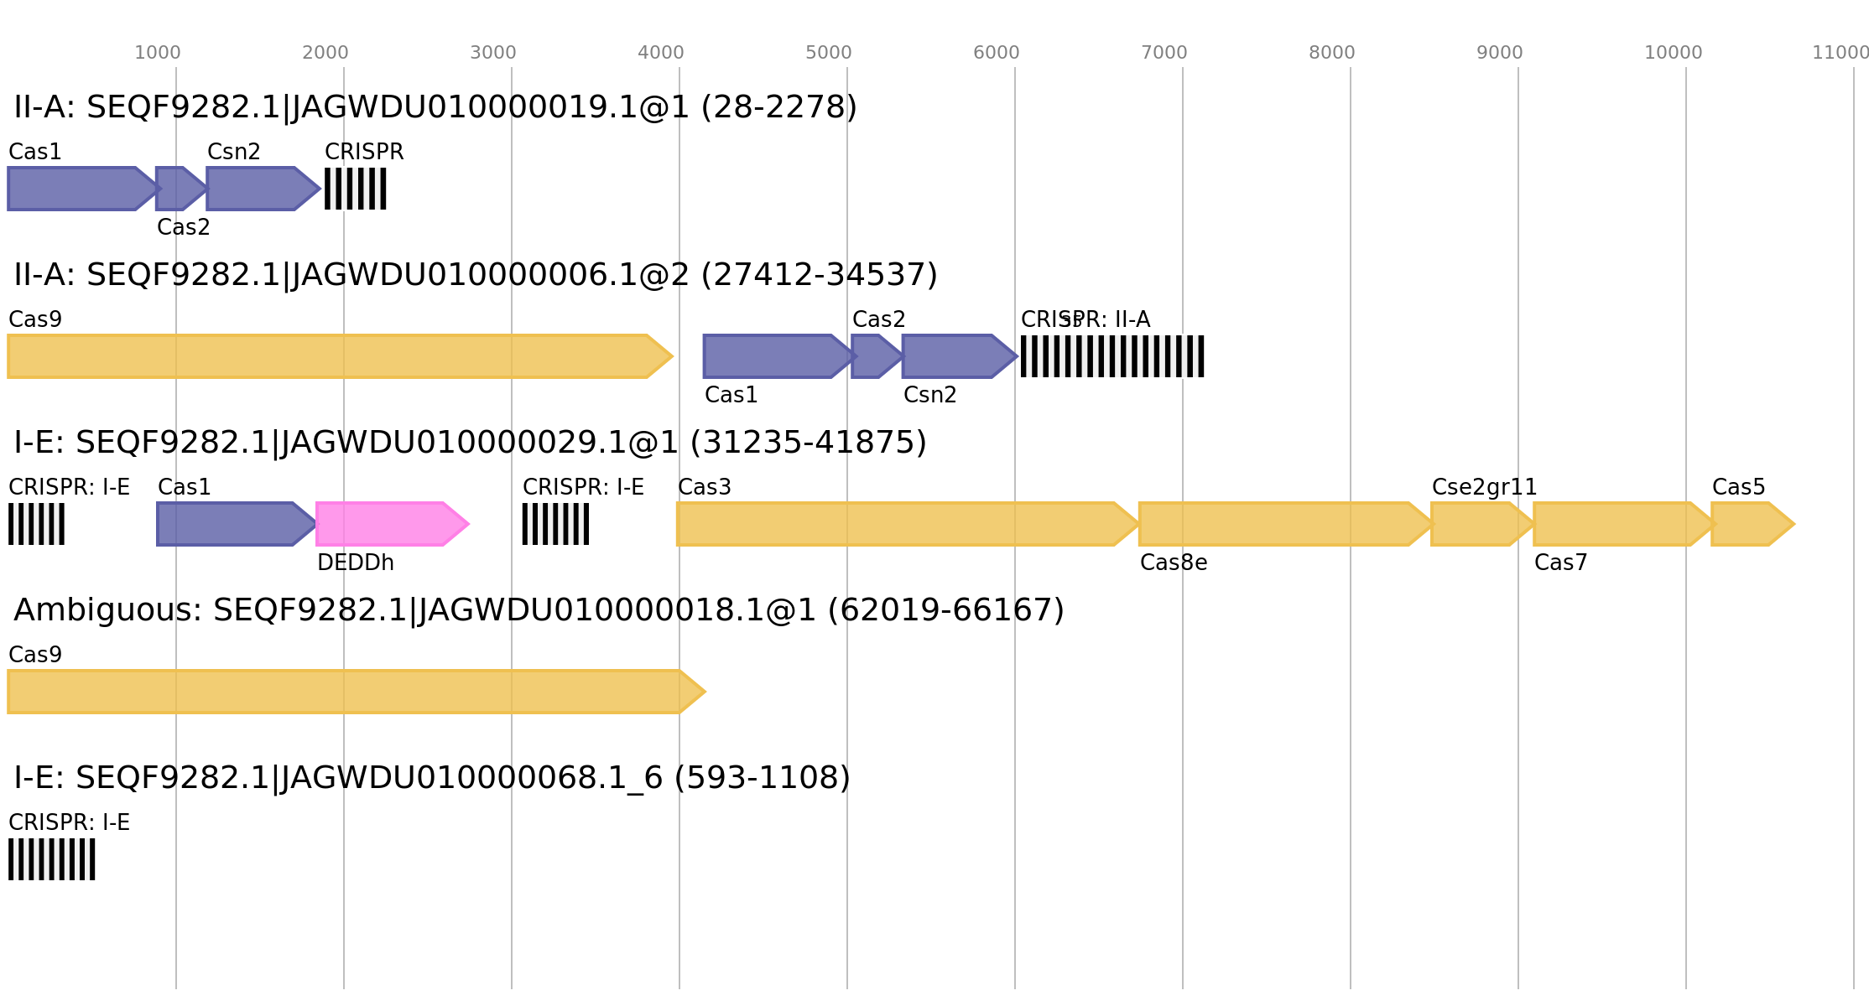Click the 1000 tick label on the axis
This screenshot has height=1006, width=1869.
[158, 53]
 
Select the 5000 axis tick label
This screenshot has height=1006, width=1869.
[828, 53]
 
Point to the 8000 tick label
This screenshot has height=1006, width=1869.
[1331, 53]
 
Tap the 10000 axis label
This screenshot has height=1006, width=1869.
[1673, 53]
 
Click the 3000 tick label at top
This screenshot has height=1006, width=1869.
[492, 53]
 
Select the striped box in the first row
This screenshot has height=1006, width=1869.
[356, 189]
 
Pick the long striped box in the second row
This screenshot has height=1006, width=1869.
[1112, 356]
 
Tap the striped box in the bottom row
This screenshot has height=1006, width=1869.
[52, 859]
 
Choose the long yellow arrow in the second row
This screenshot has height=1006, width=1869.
[336, 356]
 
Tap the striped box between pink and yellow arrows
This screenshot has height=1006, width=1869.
[555, 524]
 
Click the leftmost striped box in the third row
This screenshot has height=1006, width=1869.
[36, 524]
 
